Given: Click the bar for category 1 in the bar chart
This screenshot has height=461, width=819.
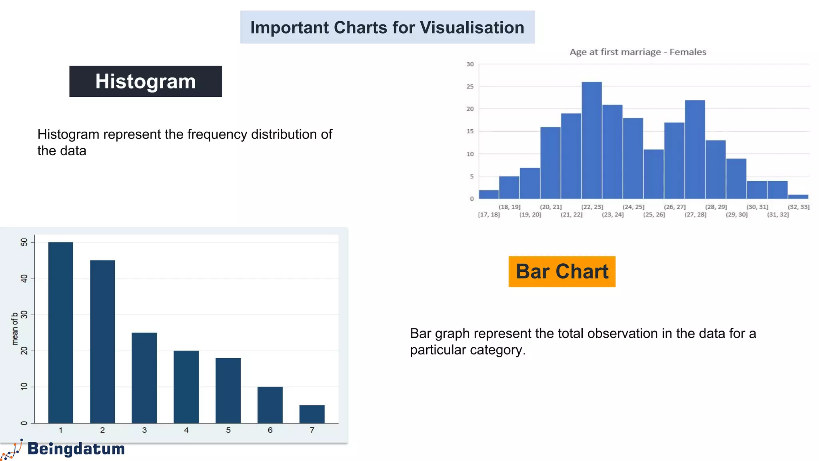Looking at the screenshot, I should coord(61,332).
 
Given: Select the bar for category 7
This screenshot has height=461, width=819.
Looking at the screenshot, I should coord(312,414).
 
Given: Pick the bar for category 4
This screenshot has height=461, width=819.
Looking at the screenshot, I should coord(186,387).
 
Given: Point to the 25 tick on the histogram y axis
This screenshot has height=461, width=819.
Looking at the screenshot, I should coord(470,86).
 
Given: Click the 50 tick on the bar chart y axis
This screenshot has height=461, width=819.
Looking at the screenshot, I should coord(24,242).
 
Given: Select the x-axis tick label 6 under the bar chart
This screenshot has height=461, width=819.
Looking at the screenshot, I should coord(270,430).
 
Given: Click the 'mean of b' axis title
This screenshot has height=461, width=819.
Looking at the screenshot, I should coord(15,329).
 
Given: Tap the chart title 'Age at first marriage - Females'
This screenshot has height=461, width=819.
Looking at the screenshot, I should coord(638,52).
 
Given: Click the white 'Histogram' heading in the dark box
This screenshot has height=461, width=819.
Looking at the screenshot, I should coord(146,82).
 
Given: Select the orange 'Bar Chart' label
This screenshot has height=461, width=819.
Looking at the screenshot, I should coord(562,272).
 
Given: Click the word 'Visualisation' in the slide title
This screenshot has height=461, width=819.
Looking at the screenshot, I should coord(472,28).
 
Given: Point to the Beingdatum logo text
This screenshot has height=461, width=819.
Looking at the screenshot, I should coord(76,449).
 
